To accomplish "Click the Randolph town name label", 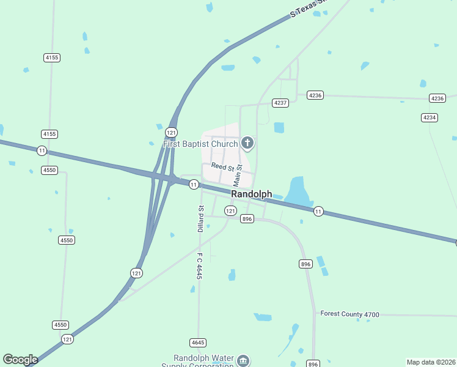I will (x=252, y=194).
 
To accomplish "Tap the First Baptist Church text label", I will (x=200, y=144).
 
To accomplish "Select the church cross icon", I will (x=247, y=144).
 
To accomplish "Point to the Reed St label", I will (x=222, y=166).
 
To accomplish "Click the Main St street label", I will (x=238, y=176).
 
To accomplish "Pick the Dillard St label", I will (x=200, y=219).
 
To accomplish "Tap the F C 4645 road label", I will (x=199, y=266).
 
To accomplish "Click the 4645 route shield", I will (x=197, y=343).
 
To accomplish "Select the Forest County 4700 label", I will (x=350, y=314).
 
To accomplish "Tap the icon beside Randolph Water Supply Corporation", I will (x=243, y=360).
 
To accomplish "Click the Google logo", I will (x=20, y=360).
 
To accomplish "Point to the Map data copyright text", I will (x=431, y=362).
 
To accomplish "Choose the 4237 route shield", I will (x=280, y=103).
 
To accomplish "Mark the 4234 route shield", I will (x=430, y=117).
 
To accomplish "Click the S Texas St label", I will (x=309, y=9).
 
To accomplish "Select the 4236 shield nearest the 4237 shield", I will (x=315, y=95).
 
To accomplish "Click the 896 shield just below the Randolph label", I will (x=247, y=219).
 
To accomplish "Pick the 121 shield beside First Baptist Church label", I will (x=172, y=132).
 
